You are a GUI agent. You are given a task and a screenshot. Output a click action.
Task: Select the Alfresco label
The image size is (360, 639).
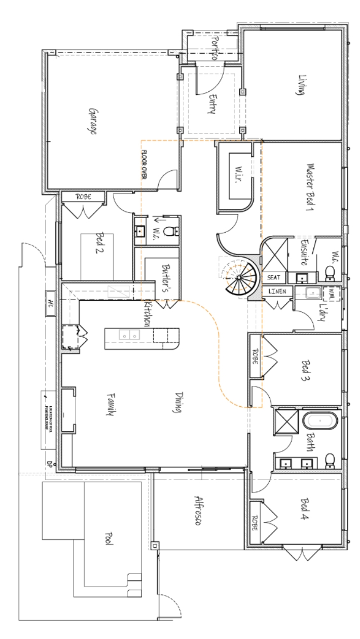193,513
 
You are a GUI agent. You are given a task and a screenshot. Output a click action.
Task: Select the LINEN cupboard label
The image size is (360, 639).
274,292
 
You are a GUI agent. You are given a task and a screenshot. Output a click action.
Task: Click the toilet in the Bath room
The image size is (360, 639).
329,460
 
